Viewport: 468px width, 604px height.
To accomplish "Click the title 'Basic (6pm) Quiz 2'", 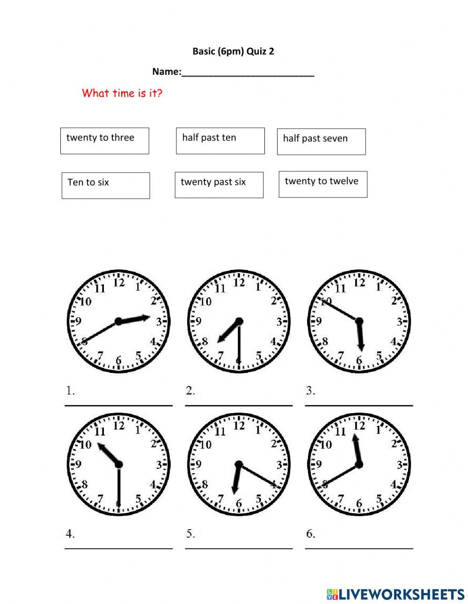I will click(233, 51).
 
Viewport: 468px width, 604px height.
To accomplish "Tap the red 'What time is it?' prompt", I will click(122, 93).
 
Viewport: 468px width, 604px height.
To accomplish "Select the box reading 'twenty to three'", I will click(105, 141).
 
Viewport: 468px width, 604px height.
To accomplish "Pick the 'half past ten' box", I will click(220, 141).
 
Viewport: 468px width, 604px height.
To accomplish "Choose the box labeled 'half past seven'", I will click(321, 142).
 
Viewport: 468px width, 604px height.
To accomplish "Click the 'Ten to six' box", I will click(106, 186).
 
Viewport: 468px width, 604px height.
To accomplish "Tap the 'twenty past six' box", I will click(219, 185).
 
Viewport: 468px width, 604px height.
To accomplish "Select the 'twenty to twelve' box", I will click(323, 184).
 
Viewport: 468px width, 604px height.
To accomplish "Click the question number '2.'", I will click(190, 391).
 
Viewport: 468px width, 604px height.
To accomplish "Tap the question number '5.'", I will click(190, 533).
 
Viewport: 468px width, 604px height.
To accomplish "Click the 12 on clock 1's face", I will click(119, 283).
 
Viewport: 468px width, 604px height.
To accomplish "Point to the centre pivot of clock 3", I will click(359, 321).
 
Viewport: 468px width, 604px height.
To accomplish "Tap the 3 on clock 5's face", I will click(279, 465).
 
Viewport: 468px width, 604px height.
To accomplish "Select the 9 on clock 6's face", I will click(319, 465).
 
